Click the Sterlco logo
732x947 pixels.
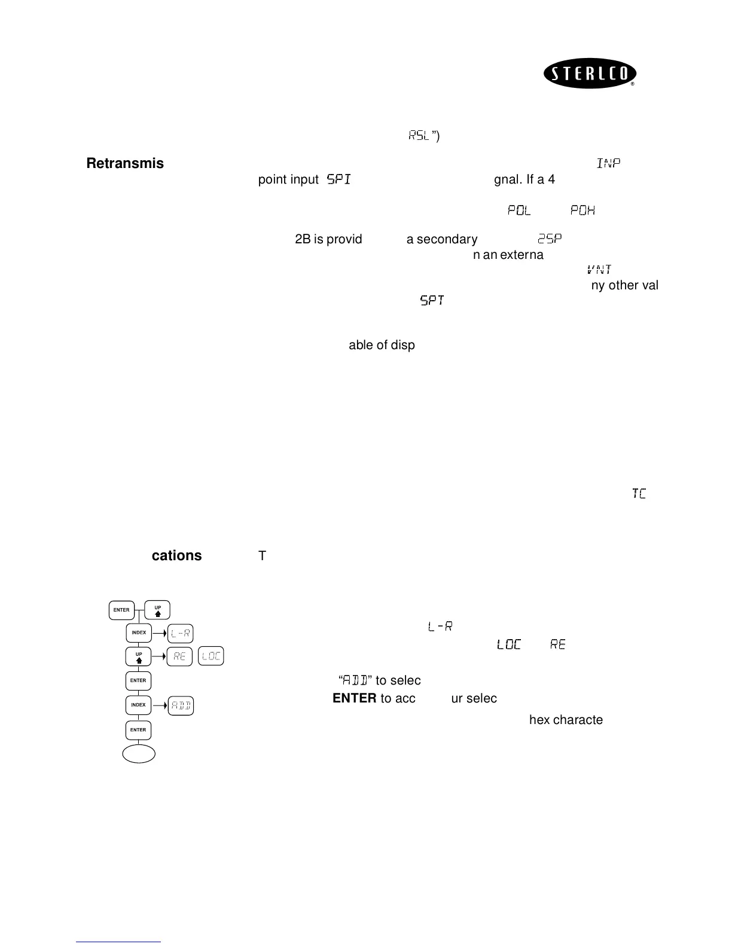pyautogui.click(x=590, y=74)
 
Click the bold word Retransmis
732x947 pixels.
pyautogui.click(x=125, y=163)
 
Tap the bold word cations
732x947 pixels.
pyautogui.click(x=176, y=555)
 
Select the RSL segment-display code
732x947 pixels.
pyautogui.click(x=419, y=136)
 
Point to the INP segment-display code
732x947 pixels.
pyautogui.click(x=608, y=163)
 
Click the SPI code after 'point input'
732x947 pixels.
pyautogui.click(x=338, y=179)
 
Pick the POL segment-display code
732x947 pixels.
pyautogui.click(x=519, y=210)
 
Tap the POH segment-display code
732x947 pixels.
pyautogui.click(x=582, y=210)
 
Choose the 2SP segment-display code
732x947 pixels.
pyautogui.click(x=550, y=239)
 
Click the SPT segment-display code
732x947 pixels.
pyautogui.click(x=432, y=301)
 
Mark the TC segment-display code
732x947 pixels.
pyautogui.click(x=639, y=494)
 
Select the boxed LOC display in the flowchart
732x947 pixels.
pyautogui.click(x=211, y=656)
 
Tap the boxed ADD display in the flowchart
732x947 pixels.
pyautogui.click(x=181, y=706)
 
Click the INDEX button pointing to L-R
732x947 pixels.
pyautogui.click(x=139, y=633)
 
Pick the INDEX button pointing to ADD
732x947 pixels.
pyautogui.click(x=139, y=705)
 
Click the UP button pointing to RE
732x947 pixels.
pyautogui.click(x=139, y=656)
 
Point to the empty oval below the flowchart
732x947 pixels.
pyautogui.click(x=139, y=754)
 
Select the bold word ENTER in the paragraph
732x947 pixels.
pyautogui.click(x=354, y=698)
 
